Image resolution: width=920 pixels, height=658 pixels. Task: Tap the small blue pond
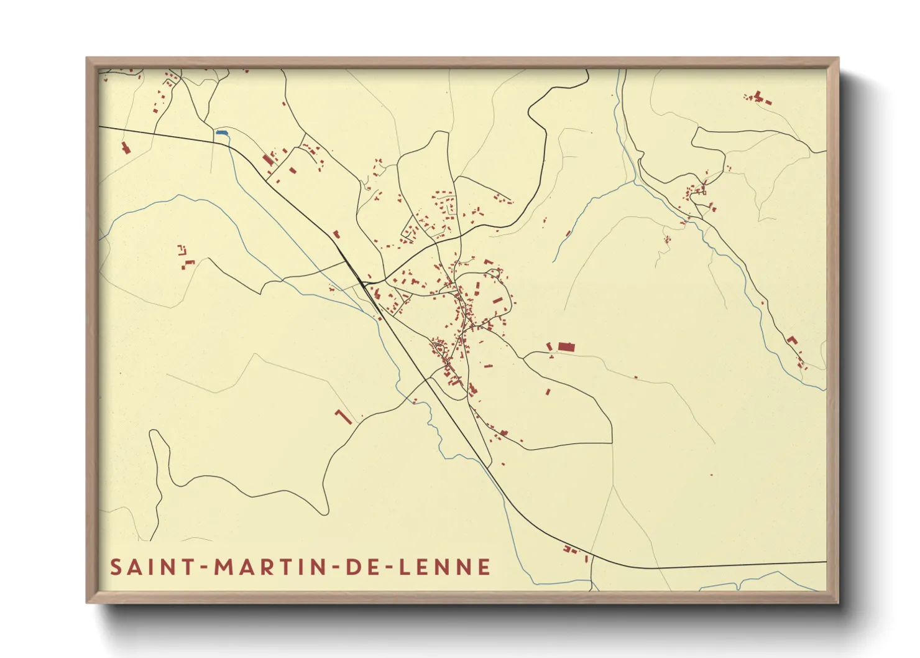coord(221,132)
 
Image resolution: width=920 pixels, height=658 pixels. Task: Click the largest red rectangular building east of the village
coord(566,347)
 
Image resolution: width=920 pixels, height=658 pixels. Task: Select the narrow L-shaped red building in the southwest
coord(343,417)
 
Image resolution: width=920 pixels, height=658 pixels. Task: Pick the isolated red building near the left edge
coord(125,148)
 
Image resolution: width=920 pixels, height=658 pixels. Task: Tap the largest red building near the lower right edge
coord(791,340)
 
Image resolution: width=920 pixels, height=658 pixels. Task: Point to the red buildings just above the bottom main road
coord(569,549)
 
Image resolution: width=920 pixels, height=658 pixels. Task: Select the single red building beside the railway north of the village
coord(336,234)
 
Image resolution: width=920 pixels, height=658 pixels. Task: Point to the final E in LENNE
coord(484,567)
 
